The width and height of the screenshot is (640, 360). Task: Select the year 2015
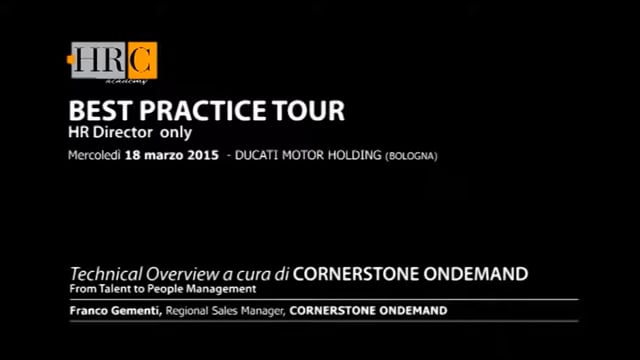pos(203,156)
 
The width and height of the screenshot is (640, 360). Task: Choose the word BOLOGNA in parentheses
pos(411,156)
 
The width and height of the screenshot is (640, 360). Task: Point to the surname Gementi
pos(133,311)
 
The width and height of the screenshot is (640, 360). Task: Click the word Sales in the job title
pos(231,311)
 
